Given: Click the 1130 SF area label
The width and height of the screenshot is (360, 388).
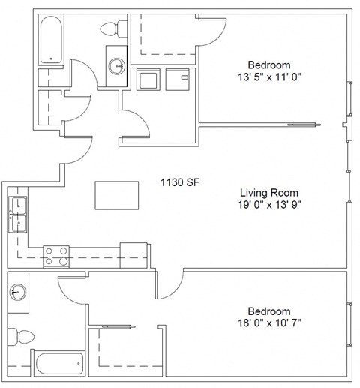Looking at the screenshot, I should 179,182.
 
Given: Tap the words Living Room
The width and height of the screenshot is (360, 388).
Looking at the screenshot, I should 270,191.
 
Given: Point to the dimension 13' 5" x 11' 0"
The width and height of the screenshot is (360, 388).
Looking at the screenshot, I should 269,77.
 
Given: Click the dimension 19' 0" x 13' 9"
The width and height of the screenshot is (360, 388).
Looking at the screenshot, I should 270,203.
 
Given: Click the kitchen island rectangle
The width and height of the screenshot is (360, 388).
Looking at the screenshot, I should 117,195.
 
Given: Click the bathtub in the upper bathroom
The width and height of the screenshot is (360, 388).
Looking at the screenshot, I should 52,40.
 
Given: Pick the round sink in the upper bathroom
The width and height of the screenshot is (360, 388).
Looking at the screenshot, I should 117,65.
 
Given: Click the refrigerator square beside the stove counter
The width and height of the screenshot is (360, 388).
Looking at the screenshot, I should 134,254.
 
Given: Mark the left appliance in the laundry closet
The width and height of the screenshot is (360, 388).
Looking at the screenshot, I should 145,80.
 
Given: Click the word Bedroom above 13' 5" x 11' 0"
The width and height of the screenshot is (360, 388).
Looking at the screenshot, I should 269,65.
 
